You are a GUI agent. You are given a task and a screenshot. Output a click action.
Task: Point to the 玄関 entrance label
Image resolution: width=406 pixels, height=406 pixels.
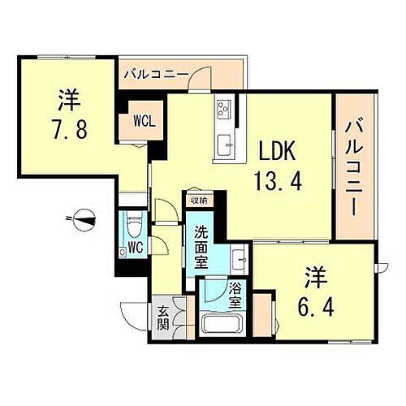162,313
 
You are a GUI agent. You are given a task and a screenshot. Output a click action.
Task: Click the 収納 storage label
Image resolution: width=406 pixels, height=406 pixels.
198,200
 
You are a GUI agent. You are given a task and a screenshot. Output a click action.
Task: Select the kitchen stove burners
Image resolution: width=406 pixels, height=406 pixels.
224,110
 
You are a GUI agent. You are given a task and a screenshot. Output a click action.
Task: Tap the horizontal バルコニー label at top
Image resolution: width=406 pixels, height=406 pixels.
157,75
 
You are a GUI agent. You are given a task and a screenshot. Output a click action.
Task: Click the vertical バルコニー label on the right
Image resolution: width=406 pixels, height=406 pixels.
354,166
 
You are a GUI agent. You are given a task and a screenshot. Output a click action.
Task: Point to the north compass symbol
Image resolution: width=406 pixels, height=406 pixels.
84,217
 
